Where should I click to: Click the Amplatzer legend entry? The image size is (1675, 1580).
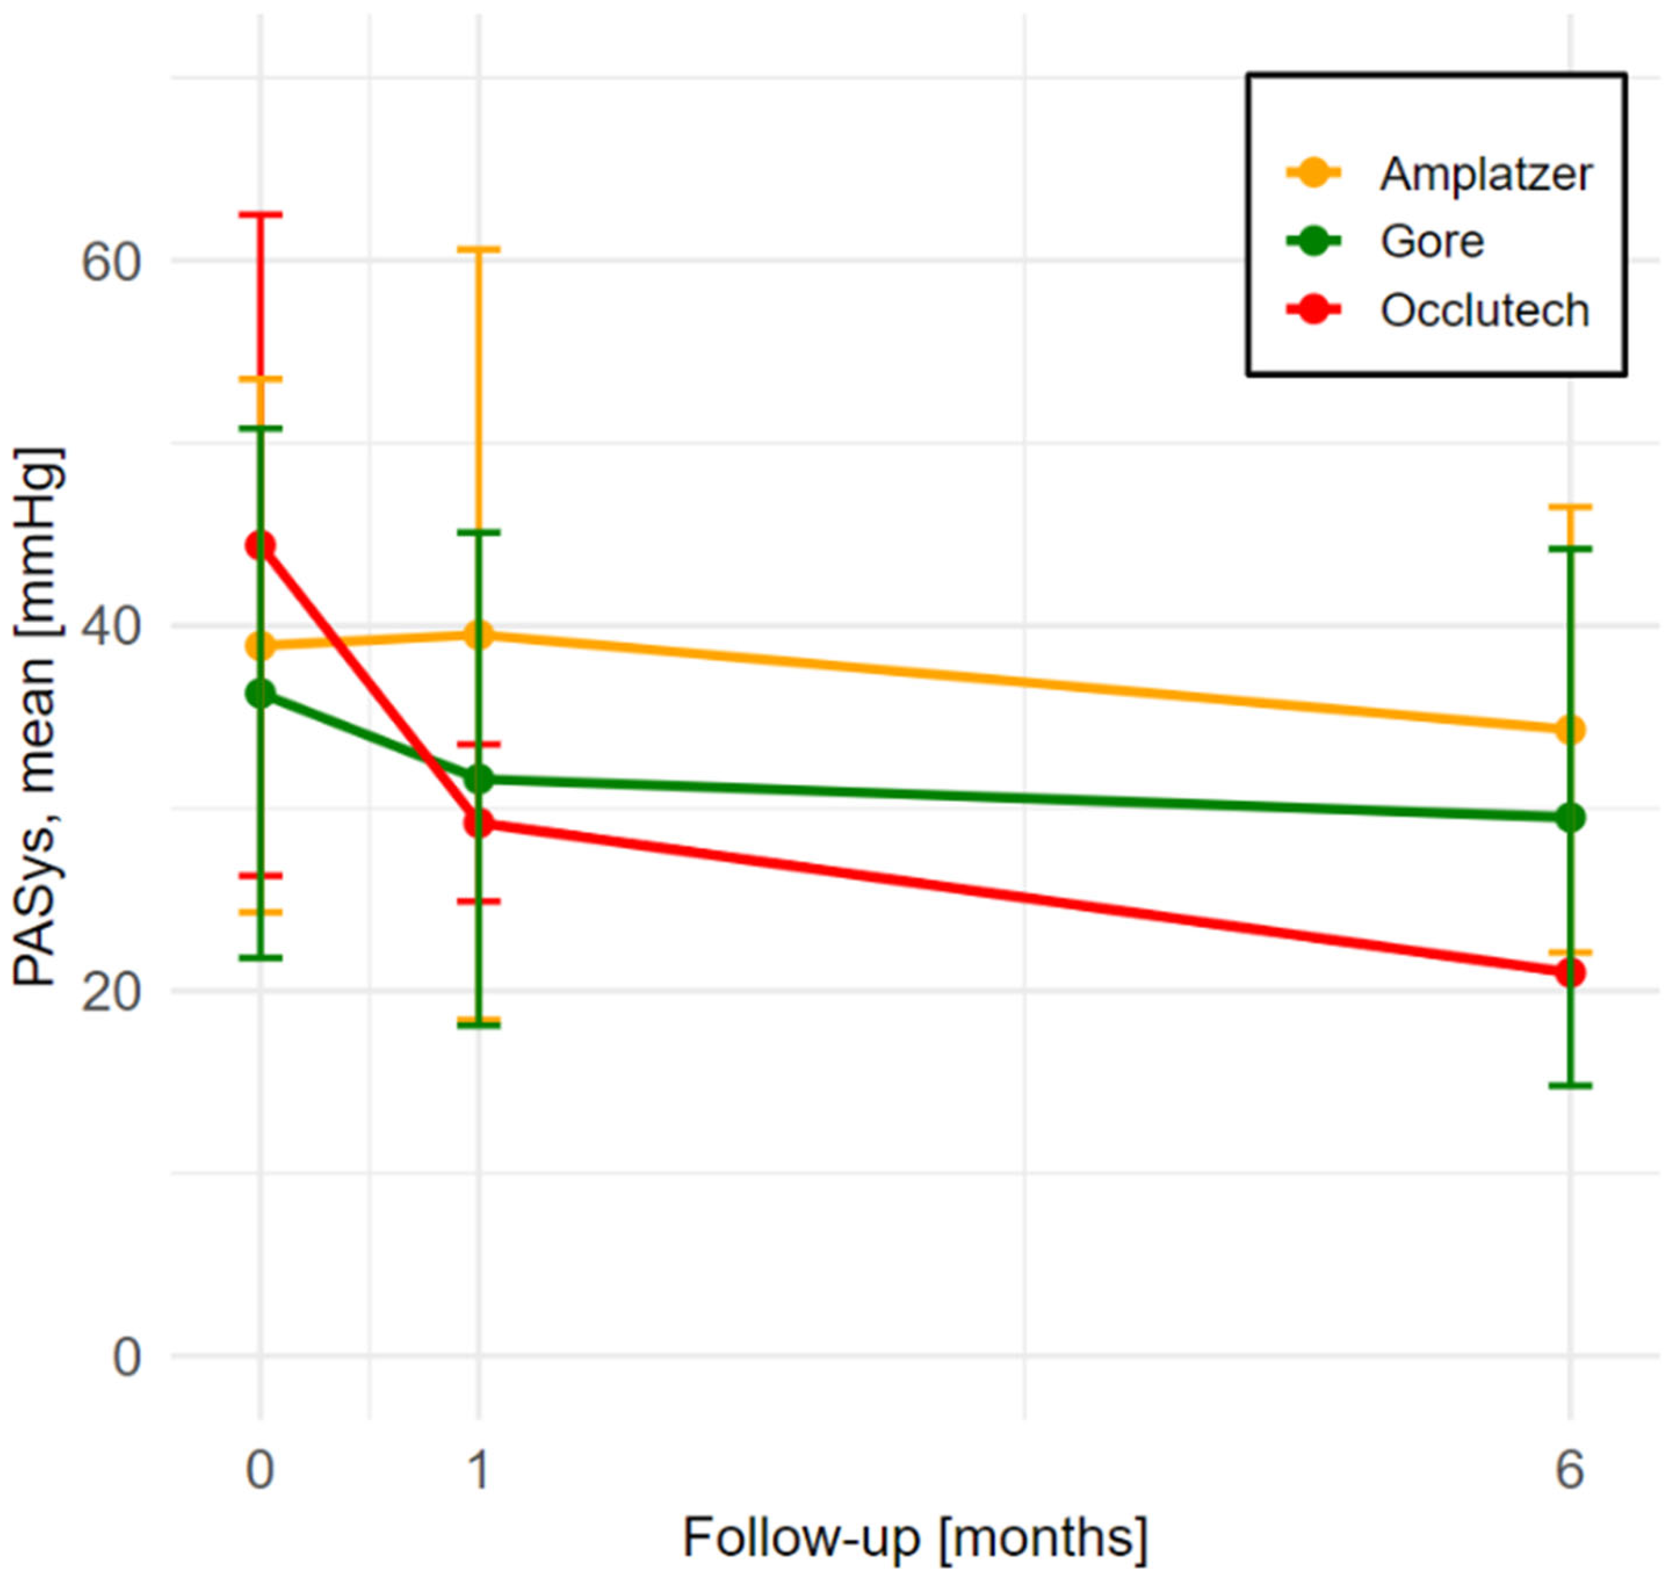(1484, 175)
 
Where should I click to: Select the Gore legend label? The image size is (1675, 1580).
(1431, 242)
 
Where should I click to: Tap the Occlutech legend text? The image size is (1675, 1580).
(1484, 310)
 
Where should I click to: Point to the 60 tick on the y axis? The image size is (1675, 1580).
(110, 262)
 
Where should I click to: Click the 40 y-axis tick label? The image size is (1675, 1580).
(110, 628)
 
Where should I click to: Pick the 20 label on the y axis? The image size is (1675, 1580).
(110, 994)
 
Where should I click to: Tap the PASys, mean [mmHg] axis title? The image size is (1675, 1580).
(35, 716)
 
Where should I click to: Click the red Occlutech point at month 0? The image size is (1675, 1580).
(260, 546)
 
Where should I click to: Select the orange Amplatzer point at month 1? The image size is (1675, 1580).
(479, 635)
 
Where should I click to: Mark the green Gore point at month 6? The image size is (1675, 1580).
(1570, 817)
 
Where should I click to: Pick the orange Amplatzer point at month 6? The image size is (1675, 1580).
(1570, 730)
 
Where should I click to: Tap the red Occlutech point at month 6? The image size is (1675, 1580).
(1570, 973)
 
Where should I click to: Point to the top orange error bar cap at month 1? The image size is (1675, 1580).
(479, 249)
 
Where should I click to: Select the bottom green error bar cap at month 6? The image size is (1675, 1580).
(1570, 1085)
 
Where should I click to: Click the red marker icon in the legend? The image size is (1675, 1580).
(1314, 310)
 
